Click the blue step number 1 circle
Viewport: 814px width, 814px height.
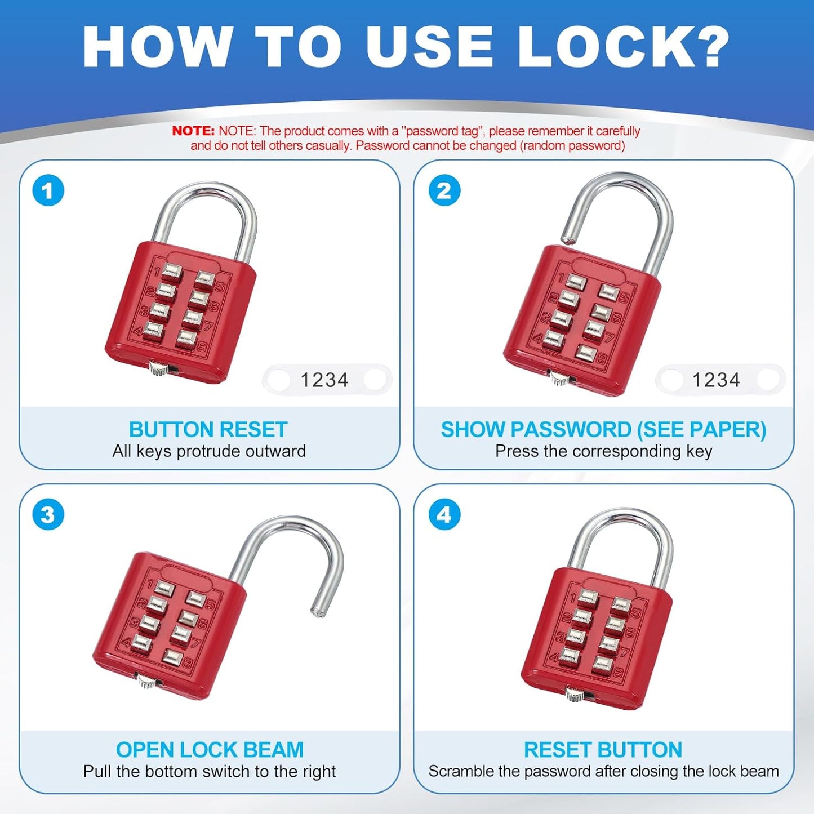48,190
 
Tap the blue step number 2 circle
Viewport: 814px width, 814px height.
444,190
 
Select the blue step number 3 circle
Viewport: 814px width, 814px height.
48,514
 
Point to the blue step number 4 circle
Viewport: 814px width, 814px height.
444,514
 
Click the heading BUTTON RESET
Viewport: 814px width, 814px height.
208,430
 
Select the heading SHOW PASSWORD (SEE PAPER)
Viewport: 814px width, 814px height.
603,430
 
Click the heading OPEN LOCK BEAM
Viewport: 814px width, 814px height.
210,750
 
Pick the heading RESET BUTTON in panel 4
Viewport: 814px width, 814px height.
603,750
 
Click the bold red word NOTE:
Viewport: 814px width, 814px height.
193,131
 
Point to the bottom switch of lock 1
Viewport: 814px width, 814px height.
158,370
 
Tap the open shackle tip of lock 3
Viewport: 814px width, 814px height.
318,611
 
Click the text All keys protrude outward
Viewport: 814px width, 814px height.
209,451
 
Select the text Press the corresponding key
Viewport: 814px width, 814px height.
603,451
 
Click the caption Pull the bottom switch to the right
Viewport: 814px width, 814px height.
210,771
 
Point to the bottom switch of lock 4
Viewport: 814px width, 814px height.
575,693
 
